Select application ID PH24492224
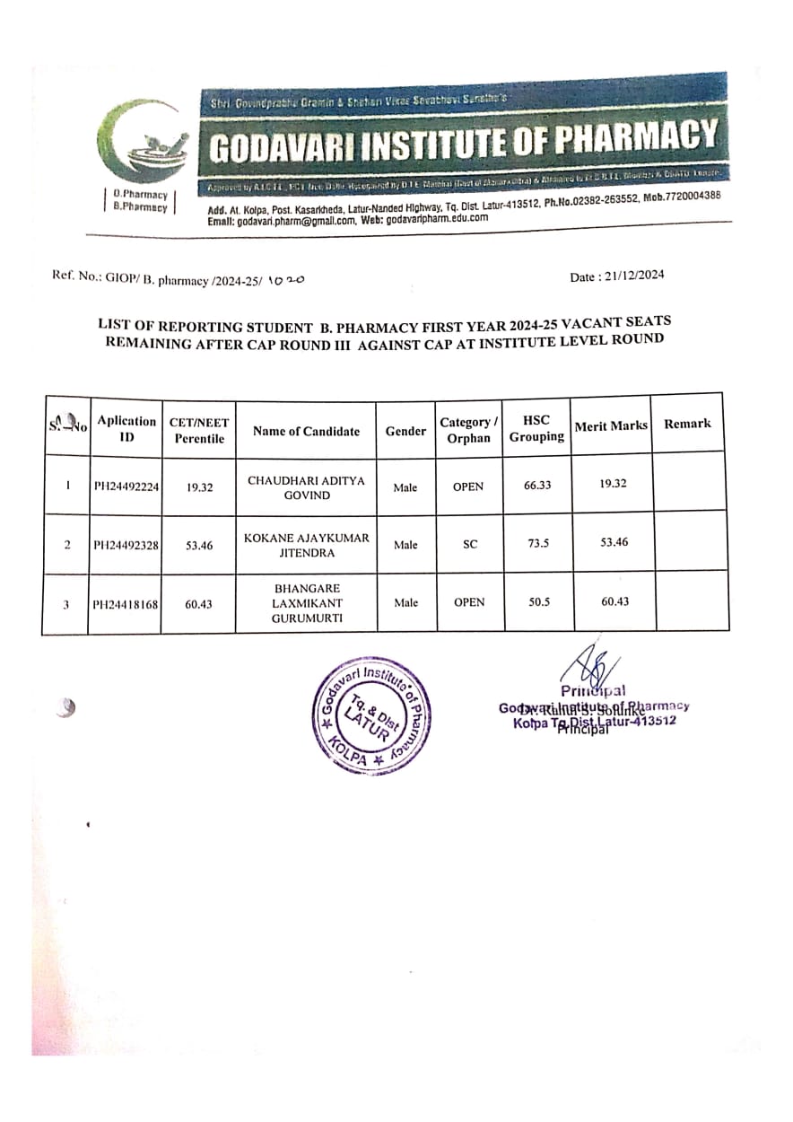point(126,486)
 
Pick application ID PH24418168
point(126,604)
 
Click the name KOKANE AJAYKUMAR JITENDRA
point(306,545)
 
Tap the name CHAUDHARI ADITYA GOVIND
point(306,487)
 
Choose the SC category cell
point(469,545)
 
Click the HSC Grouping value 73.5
point(537,544)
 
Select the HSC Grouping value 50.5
point(537,602)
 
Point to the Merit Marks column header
point(610,425)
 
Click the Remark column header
point(687,424)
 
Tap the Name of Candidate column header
point(306,431)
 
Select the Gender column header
point(405,431)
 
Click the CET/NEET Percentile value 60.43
point(198,604)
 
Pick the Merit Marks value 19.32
point(614,483)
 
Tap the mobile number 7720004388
point(690,196)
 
